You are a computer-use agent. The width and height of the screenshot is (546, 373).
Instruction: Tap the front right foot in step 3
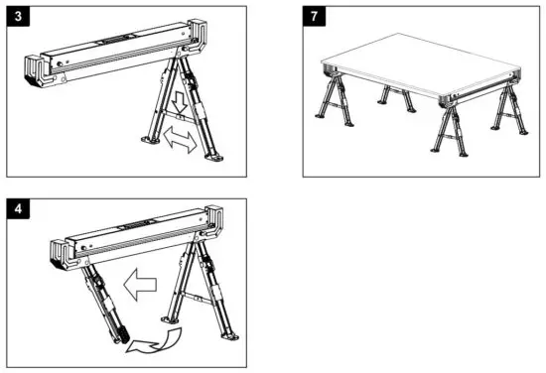pos(212,155)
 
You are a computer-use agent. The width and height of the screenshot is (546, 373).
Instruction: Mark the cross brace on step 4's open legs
pos(200,298)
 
